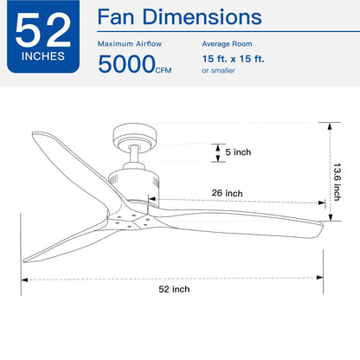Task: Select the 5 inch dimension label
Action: [x=236, y=152]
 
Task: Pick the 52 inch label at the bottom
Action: [x=175, y=289]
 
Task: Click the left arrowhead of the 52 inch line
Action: [x=25, y=279]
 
